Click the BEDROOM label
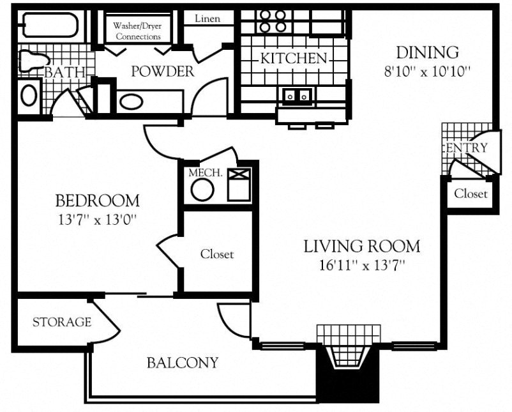pos(97,201)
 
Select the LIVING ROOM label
pos(361,246)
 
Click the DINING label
pos(427,52)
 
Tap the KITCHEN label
pos(293,58)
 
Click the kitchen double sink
pos(297,96)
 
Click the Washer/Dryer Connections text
pos(137,31)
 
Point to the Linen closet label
pos(206,19)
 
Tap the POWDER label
pos(162,71)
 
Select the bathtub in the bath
pos(48,26)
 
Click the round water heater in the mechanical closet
pos(202,190)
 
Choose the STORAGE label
pos(61,322)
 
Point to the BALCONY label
pos(183,363)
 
